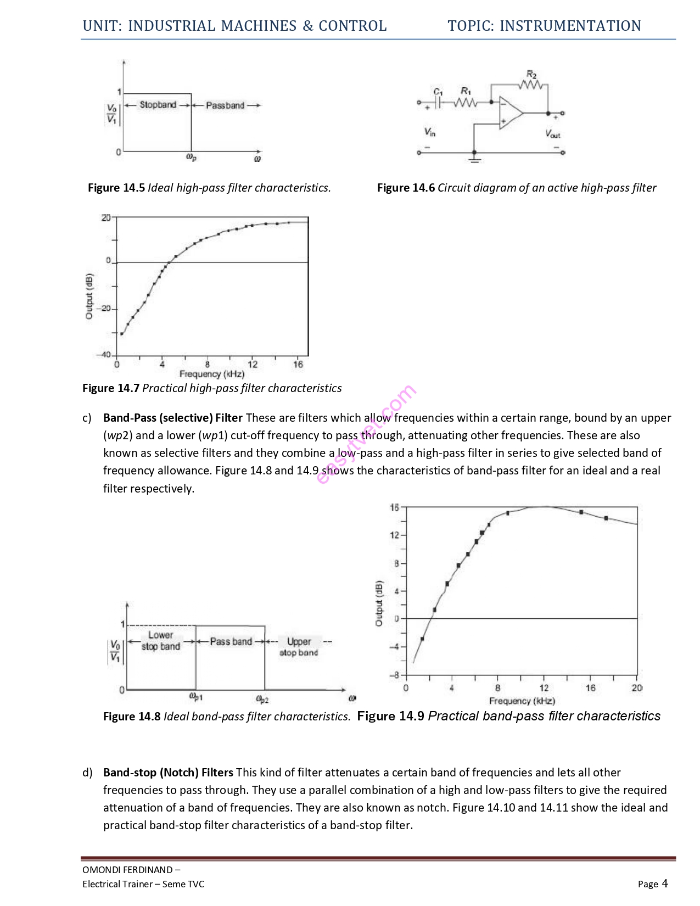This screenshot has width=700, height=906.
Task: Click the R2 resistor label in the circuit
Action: tap(531, 74)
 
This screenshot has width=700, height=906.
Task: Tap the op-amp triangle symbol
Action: tap(509, 113)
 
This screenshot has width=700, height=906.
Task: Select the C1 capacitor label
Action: tap(438, 91)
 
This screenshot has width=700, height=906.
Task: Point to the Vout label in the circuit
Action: tap(552, 133)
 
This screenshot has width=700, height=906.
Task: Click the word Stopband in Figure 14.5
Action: tap(158, 104)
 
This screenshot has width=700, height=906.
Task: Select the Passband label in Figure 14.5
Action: tap(225, 105)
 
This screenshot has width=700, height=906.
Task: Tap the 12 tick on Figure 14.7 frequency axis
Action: tap(253, 364)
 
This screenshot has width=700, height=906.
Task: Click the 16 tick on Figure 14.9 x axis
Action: tap(591, 688)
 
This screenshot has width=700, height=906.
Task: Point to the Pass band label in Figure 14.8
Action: tap(231, 641)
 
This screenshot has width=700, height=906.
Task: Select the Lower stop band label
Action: tap(160, 641)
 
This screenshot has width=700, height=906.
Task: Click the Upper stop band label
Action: tap(299, 647)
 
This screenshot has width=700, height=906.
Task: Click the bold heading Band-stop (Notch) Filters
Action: tap(168, 773)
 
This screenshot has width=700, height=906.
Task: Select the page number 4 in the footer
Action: tap(665, 883)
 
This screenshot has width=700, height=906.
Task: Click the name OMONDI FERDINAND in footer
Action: tap(127, 870)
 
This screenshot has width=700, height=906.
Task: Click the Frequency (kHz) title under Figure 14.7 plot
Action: tap(212, 374)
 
